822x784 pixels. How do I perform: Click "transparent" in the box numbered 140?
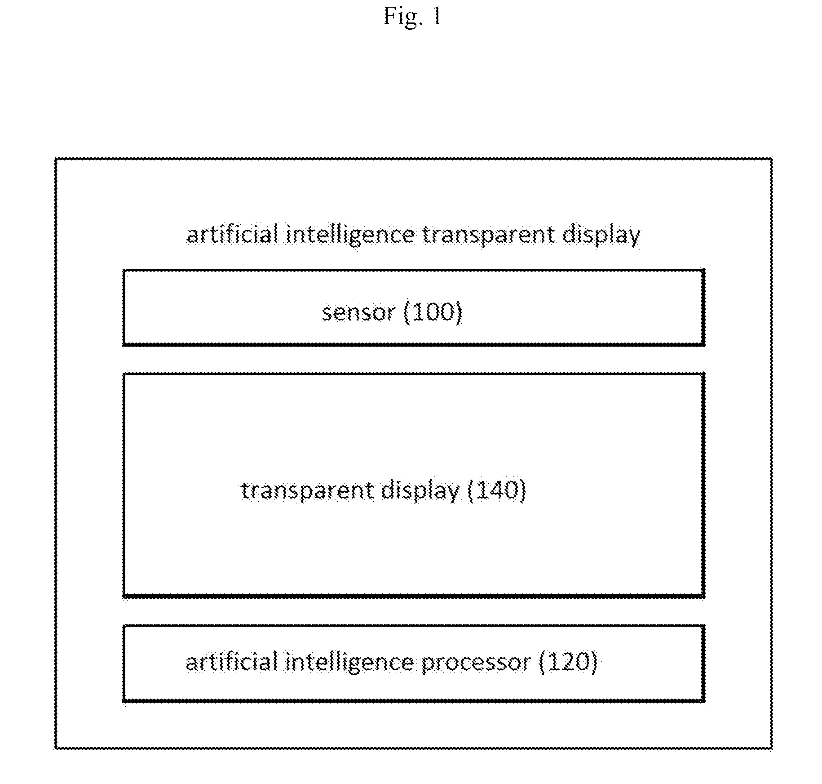click(307, 490)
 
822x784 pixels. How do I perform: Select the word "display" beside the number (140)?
click(420, 490)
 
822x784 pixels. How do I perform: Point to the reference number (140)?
click(497, 490)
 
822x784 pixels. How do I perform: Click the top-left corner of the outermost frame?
click(56, 158)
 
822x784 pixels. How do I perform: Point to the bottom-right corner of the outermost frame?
click(772, 748)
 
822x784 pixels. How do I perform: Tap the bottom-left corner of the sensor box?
click(124, 345)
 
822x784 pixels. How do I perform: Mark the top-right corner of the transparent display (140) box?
click(703, 374)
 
